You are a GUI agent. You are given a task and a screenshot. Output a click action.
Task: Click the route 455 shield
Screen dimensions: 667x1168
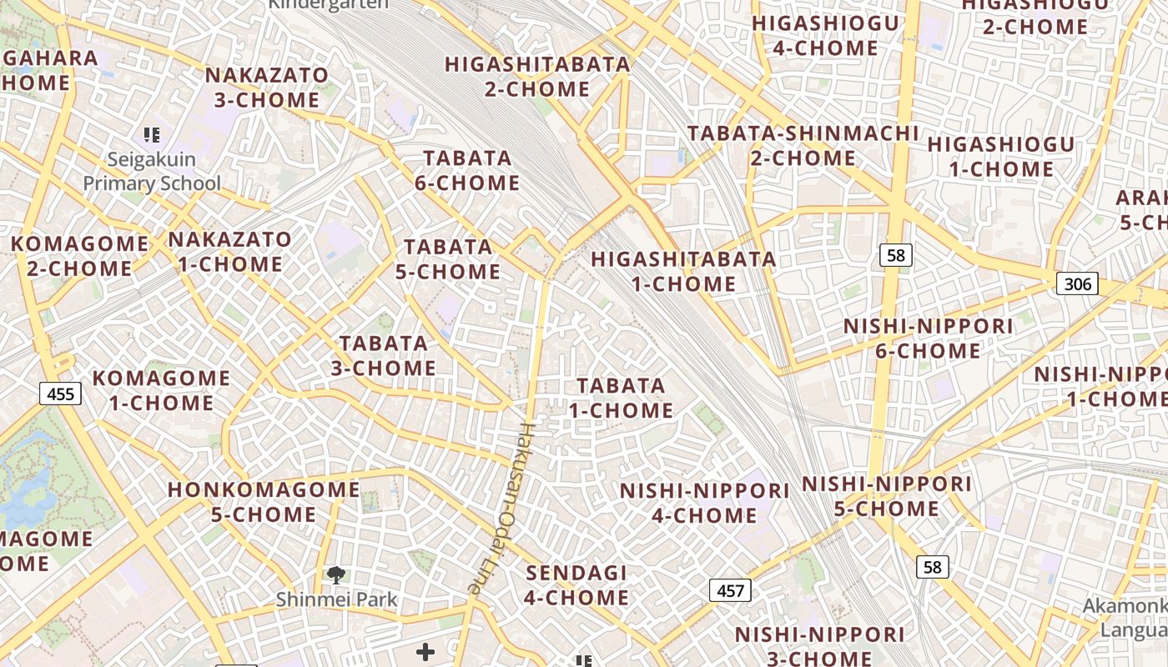61,394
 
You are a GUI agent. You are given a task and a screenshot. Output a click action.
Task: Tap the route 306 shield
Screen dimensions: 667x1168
1077,283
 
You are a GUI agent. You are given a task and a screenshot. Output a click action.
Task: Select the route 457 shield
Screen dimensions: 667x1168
730,590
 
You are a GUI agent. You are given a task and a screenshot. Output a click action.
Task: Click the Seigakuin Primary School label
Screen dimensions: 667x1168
152,171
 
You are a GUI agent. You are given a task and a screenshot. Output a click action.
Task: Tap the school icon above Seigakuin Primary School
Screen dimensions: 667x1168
152,134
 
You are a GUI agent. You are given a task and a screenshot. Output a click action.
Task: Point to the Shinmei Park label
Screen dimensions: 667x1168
337,599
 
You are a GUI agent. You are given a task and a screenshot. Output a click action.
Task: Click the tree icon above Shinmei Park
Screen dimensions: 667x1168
336,574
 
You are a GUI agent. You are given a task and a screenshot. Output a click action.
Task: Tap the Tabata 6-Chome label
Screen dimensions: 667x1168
467,170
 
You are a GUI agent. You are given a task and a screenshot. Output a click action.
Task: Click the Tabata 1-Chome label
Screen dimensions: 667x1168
621,398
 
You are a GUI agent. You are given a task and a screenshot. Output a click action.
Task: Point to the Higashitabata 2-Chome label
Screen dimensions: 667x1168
537,76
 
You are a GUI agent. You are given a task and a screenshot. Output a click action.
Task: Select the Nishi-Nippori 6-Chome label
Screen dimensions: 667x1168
928,338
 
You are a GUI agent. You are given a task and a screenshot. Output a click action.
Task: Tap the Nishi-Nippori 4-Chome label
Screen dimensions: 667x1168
704,503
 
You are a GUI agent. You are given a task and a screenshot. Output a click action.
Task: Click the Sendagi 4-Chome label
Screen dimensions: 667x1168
576,585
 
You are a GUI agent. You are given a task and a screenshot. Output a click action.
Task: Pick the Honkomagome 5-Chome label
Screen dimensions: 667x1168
264,501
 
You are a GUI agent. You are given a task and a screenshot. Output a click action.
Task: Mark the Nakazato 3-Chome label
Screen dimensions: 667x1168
267,87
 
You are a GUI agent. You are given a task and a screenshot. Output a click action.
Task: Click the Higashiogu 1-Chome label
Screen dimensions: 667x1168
1001,156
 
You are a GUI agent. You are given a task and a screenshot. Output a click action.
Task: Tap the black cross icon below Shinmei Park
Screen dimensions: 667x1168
425,651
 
